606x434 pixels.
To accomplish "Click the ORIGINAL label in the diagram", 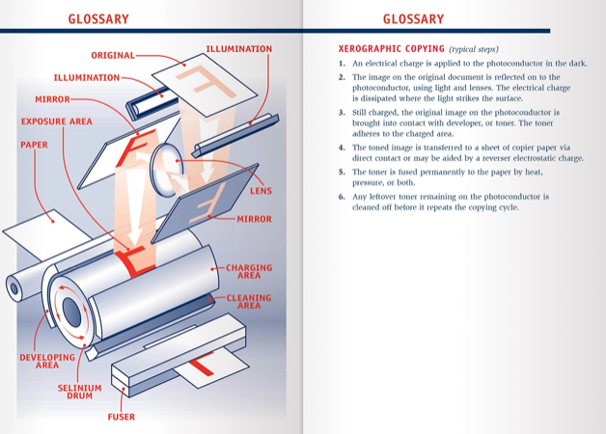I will coord(113,55).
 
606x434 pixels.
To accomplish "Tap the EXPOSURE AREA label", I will coord(57,122).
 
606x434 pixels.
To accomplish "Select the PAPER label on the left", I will coord(34,145).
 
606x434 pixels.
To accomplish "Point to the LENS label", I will coord(261,191).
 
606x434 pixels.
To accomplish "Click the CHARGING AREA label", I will coord(249,272).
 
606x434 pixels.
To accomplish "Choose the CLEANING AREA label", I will coord(249,302).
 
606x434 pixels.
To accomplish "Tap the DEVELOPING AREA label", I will coord(47,362).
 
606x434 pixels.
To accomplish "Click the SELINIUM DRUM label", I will coord(81,392).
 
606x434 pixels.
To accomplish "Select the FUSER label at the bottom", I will coord(121,418).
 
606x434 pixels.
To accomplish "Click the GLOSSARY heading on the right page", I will coord(413,18).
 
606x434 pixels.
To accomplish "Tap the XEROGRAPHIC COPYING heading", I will coord(392,48).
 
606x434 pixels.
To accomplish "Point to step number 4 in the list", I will coord(342,149).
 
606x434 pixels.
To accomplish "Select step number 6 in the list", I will coord(342,197).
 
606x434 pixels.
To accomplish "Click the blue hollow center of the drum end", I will coord(72,310).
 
